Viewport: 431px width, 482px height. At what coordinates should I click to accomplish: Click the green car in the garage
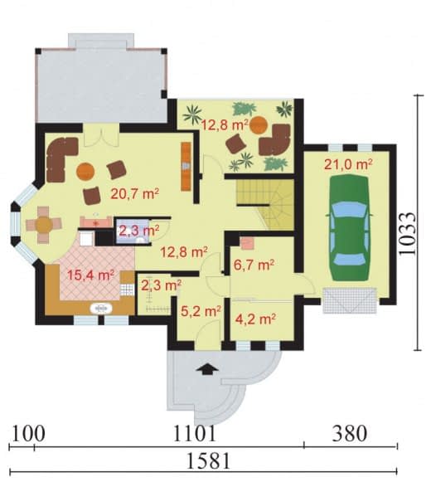click(x=349, y=228)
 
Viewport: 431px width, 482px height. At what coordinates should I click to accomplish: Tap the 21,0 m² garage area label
click(x=348, y=164)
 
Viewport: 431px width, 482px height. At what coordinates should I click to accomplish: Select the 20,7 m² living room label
click(x=135, y=193)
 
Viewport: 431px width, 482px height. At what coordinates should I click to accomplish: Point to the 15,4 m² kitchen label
click(x=90, y=275)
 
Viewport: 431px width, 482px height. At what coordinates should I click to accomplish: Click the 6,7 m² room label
click(x=254, y=265)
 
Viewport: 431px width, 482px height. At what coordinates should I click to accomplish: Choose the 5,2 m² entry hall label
click(x=201, y=311)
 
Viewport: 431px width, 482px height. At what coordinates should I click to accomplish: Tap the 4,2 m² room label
click(x=255, y=319)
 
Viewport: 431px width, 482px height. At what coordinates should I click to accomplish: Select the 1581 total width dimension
click(x=208, y=460)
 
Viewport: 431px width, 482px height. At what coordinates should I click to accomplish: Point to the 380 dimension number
click(x=350, y=434)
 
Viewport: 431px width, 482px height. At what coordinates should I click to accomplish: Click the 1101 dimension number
click(x=195, y=434)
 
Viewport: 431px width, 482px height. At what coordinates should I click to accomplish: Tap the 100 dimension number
click(x=27, y=434)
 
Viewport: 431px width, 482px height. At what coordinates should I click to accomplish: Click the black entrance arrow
click(x=208, y=369)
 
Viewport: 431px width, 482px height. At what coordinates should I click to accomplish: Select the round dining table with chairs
click(x=44, y=225)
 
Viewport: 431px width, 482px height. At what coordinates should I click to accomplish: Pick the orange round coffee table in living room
click(x=85, y=171)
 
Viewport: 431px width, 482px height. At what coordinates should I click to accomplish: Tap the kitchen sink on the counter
click(x=101, y=309)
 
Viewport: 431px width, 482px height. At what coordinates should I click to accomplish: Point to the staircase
click(x=264, y=204)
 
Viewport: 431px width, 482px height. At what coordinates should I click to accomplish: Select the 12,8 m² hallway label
click(x=184, y=253)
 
